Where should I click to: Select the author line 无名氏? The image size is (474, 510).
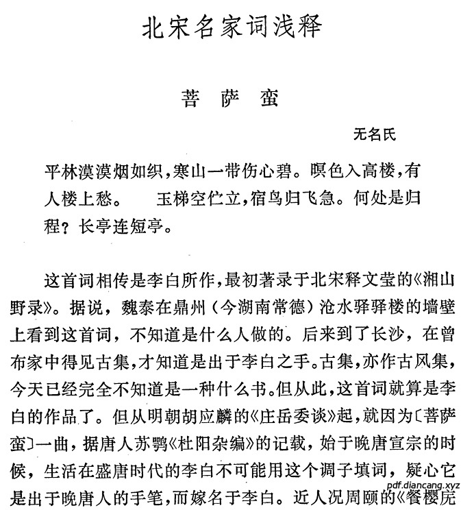tap(374, 134)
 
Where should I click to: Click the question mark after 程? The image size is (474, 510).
tap(67, 226)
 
